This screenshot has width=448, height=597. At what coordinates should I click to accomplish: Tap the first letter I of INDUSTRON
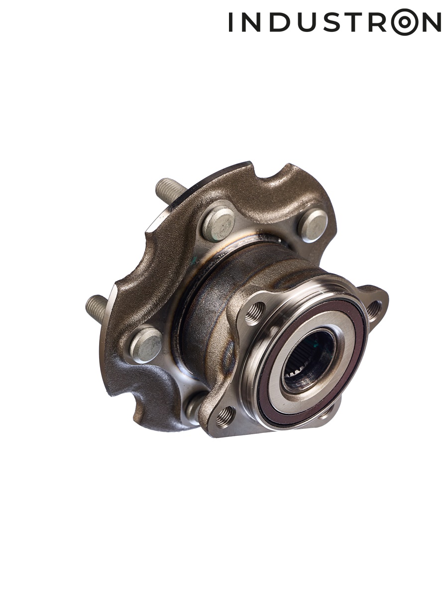pos(230,22)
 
